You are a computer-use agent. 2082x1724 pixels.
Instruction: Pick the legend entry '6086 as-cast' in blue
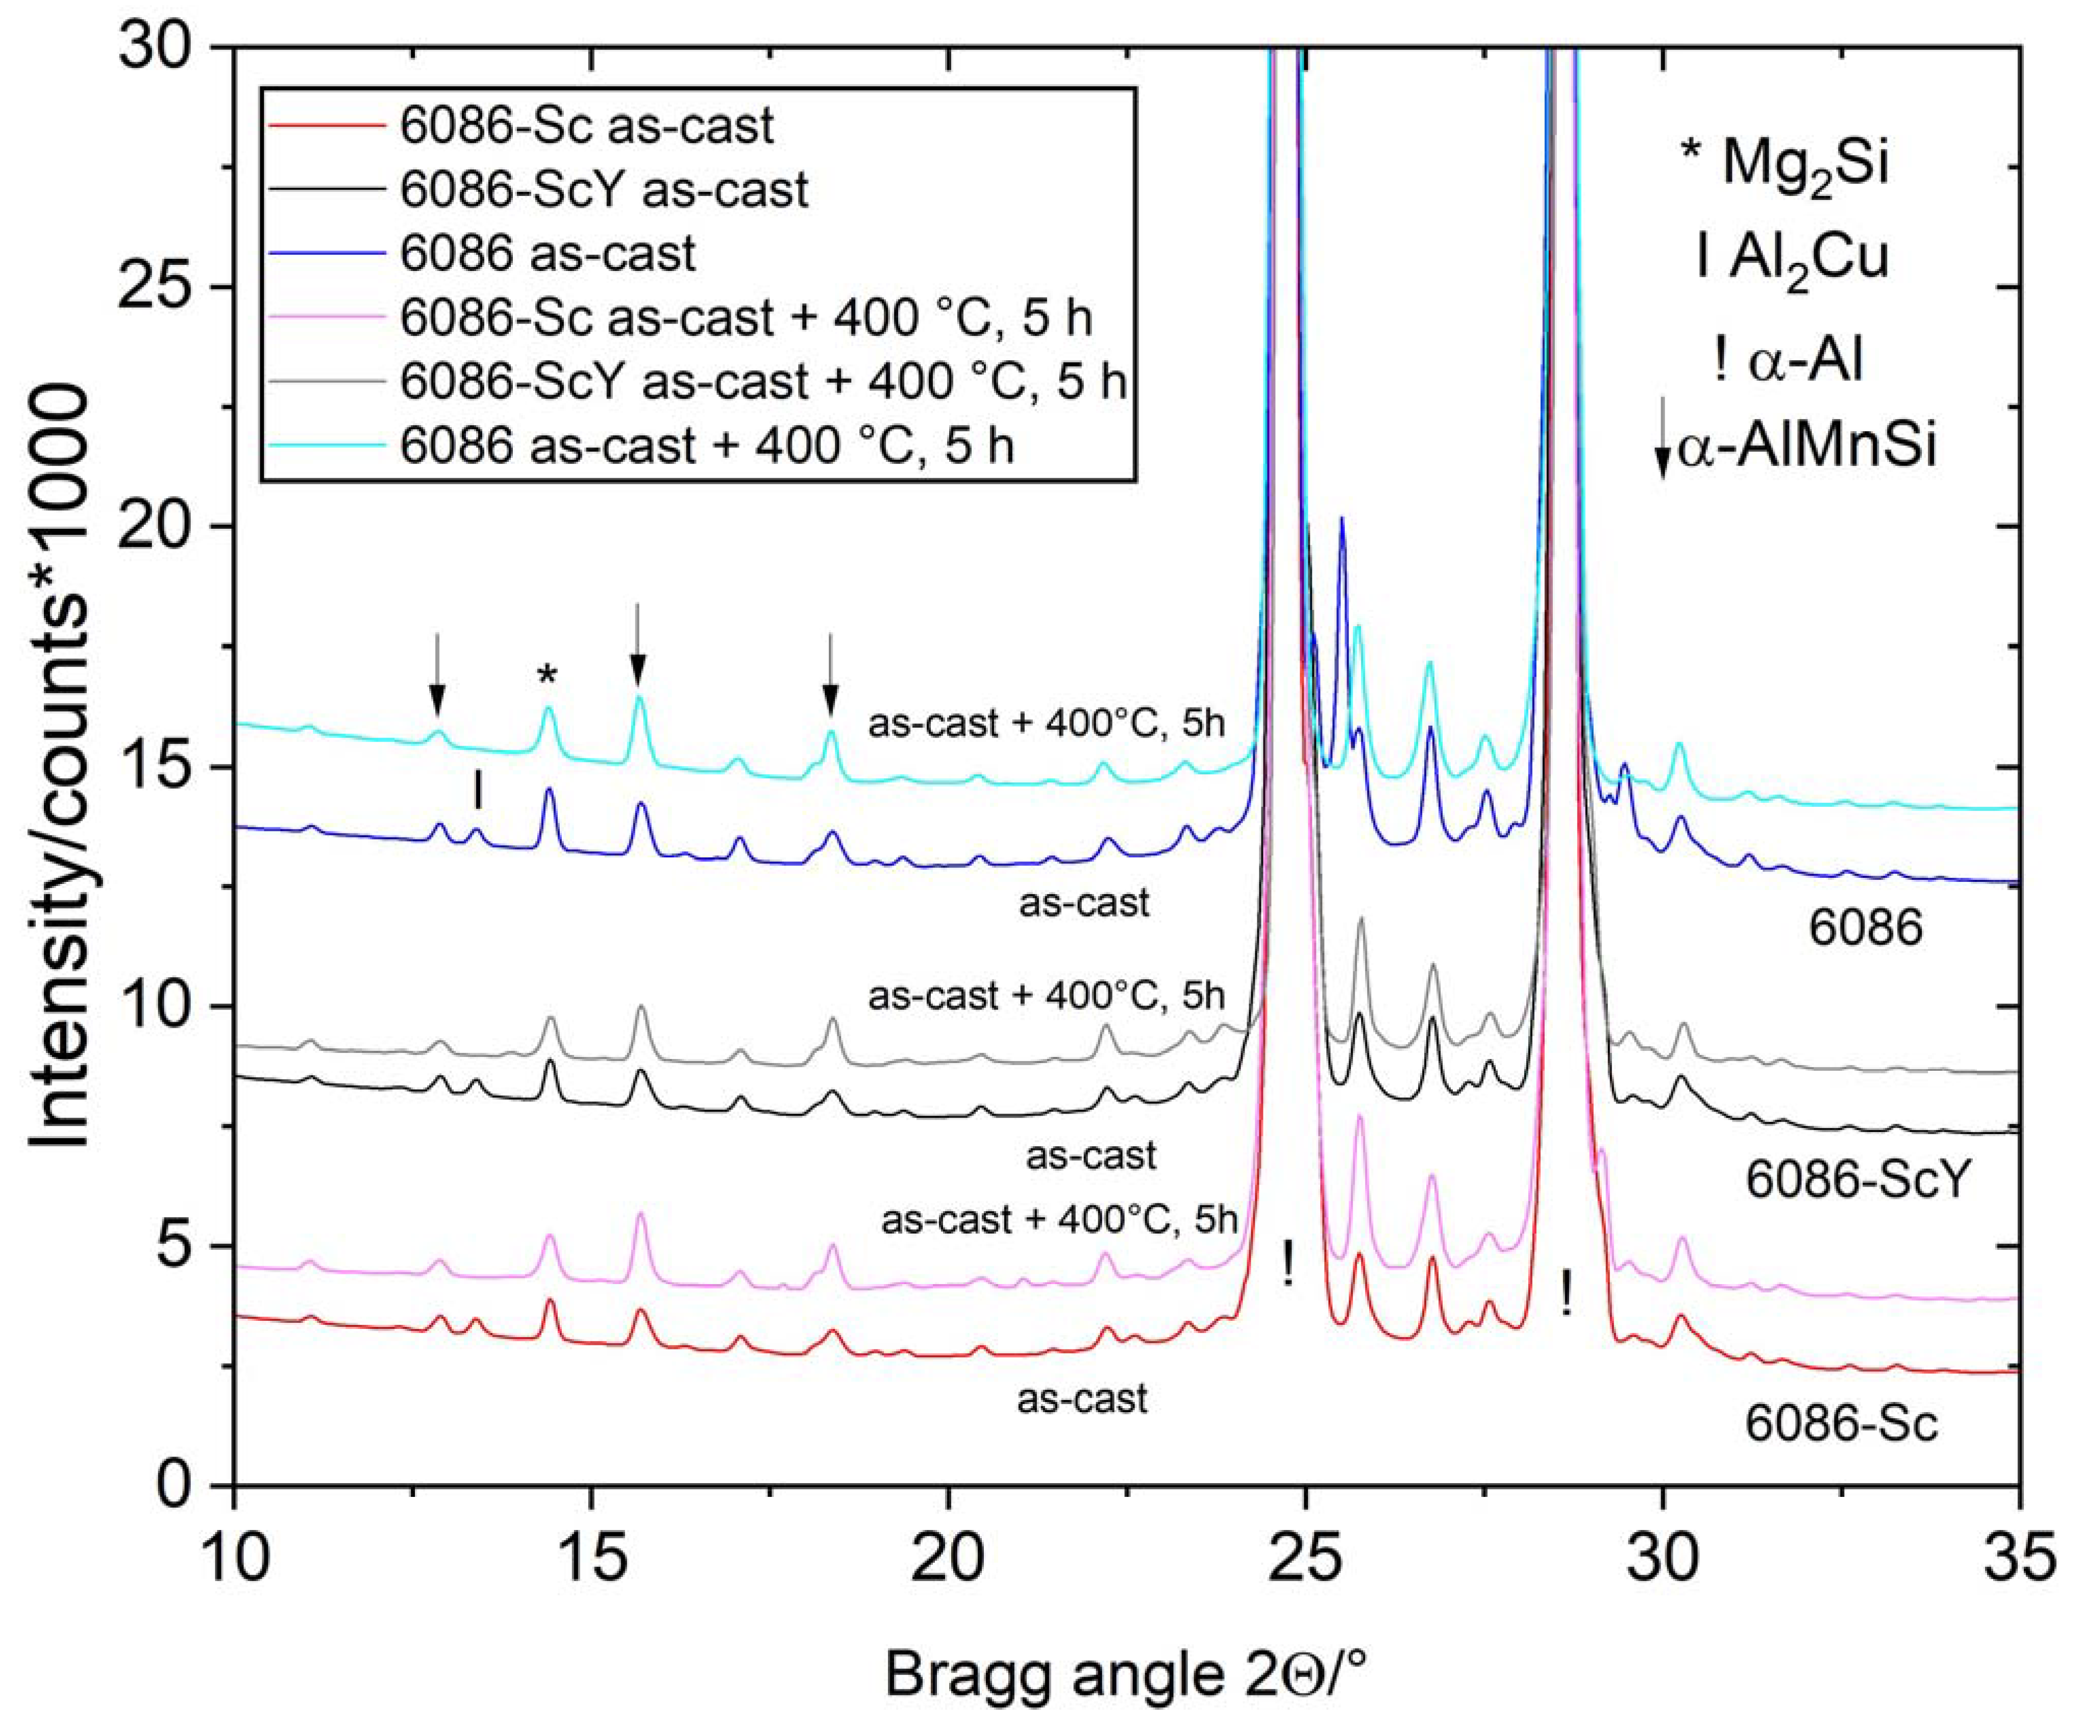[x=547, y=254]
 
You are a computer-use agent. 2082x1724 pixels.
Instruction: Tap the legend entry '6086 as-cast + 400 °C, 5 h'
[x=707, y=446]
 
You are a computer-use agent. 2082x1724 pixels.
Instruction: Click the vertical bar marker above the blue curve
[x=479, y=790]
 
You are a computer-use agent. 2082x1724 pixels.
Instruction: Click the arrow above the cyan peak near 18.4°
[x=831, y=674]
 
